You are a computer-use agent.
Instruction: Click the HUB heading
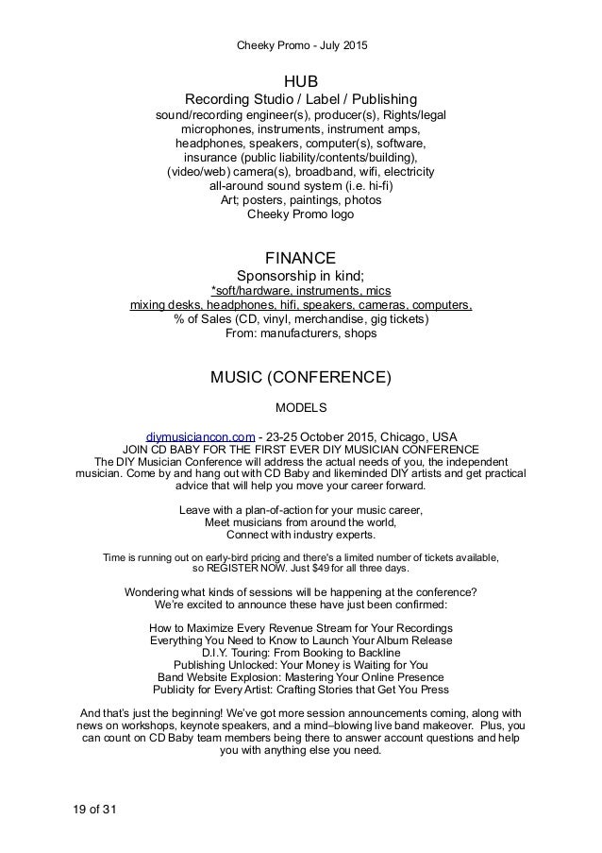301,80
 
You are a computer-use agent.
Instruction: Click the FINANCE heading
301,256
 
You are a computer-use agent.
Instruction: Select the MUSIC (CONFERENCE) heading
301,379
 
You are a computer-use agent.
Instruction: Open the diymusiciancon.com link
207,436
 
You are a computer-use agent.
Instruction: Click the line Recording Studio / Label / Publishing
301,99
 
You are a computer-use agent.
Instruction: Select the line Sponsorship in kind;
301,275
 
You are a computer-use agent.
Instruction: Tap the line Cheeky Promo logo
301,214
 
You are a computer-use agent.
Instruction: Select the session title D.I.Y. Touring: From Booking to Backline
301,652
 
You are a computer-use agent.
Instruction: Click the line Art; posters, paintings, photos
301,200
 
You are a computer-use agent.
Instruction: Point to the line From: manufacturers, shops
301,333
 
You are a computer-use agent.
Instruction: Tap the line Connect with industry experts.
301,536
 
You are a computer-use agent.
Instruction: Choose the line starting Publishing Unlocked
301,665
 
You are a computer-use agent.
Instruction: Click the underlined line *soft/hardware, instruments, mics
301,290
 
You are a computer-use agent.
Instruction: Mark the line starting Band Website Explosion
301,677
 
